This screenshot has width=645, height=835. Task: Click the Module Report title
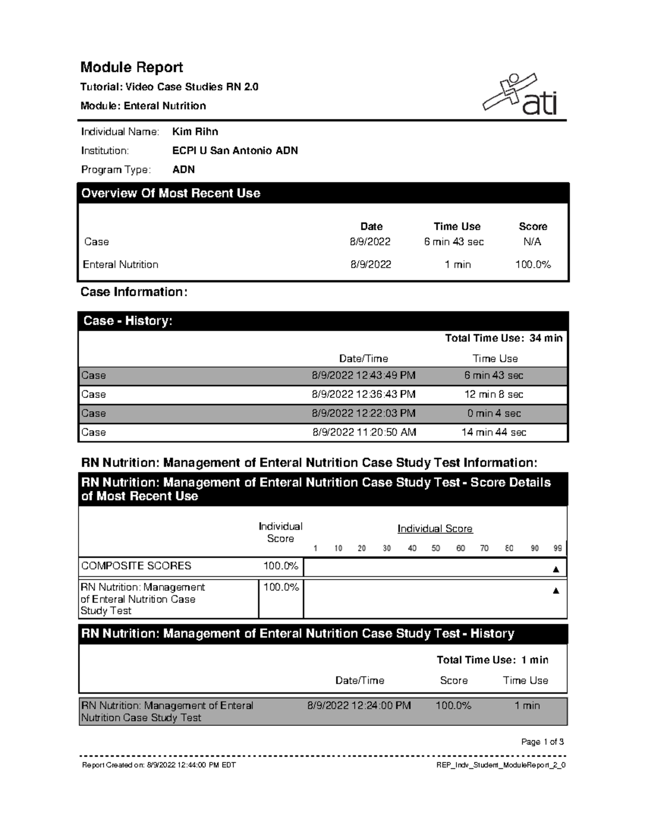[x=132, y=67]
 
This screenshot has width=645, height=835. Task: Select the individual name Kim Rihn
[x=195, y=132]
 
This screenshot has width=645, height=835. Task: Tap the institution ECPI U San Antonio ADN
[x=235, y=151]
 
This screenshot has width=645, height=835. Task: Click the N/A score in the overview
[x=532, y=242]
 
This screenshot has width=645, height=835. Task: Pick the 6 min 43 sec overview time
[x=454, y=242]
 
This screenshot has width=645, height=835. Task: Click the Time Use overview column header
[x=457, y=226]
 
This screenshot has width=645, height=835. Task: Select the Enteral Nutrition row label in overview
[x=120, y=265]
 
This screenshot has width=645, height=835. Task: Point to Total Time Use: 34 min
[x=504, y=338]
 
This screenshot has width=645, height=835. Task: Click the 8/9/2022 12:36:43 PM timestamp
[x=364, y=394]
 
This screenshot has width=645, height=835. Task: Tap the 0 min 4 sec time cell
[x=494, y=413]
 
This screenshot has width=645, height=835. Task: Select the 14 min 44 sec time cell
[x=494, y=432]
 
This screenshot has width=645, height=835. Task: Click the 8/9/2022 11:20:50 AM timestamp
[x=364, y=432]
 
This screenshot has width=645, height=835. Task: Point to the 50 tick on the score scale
[x=435, y=548]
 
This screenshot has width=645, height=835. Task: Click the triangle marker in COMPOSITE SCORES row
[x=556, y=569]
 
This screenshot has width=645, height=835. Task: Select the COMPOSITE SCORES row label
[x=136, y=566]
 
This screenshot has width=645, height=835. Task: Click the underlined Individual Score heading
[x=435, y=529]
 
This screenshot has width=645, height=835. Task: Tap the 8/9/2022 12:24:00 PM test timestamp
[x=359, y=705]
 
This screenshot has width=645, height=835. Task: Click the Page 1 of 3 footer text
[x=542, y=742]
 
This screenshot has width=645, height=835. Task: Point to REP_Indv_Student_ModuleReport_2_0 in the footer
[x=501, y=765]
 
